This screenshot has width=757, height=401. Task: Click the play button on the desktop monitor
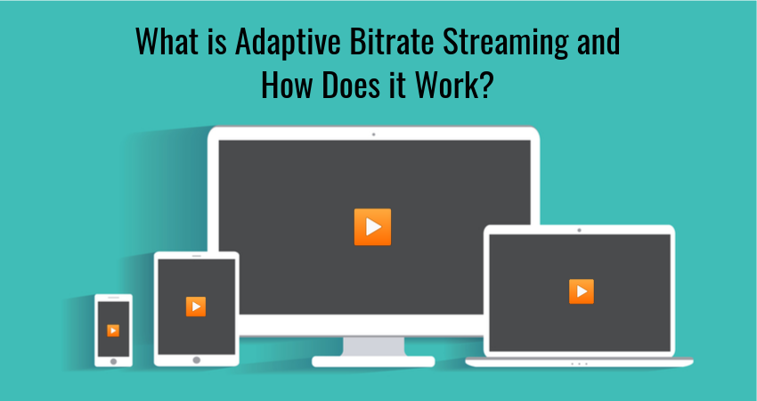pos(372,226)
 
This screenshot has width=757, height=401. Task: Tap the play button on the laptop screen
pos(581,291)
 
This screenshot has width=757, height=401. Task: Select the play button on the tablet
pos(196,306)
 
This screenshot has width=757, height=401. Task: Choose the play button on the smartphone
pos(113,330)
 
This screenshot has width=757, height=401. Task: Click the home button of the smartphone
pos(113,360)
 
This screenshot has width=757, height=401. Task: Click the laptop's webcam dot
pos(580,230)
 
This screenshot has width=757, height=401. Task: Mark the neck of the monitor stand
pos(372,346)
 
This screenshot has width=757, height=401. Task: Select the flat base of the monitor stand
pos(372,361)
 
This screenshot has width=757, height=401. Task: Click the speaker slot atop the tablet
pos(196,257)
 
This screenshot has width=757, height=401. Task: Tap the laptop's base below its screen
pos(580,362)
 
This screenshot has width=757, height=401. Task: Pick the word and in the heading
pos(596,42)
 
